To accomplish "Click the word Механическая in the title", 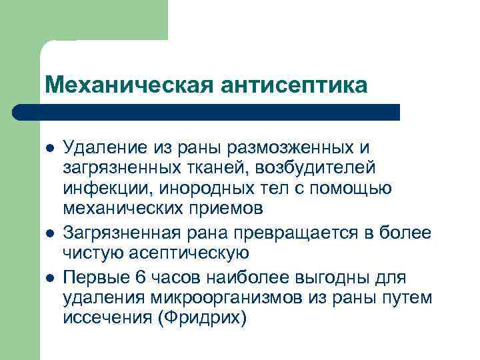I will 117,85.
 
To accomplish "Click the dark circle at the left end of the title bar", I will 22,112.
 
